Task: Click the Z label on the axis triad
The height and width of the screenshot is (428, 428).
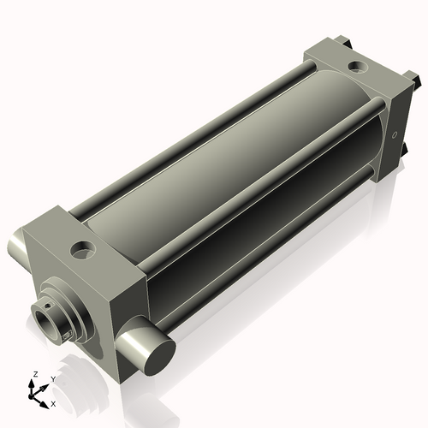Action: (x=36, y=374)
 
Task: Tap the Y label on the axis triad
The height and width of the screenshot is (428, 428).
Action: (x=53, y=379)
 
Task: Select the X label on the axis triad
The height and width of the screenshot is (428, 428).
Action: (x=53, y=404)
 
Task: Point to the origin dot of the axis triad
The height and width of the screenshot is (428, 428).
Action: (x=31, y=396)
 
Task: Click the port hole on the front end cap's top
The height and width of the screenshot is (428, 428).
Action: (x=83, y=251)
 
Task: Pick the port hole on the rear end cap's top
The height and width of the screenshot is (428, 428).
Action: (x=358, y=67)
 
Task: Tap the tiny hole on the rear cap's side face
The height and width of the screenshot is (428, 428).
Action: (x=395, y=135)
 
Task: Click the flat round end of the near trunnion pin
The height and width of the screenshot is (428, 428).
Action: (x=160, y=357)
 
